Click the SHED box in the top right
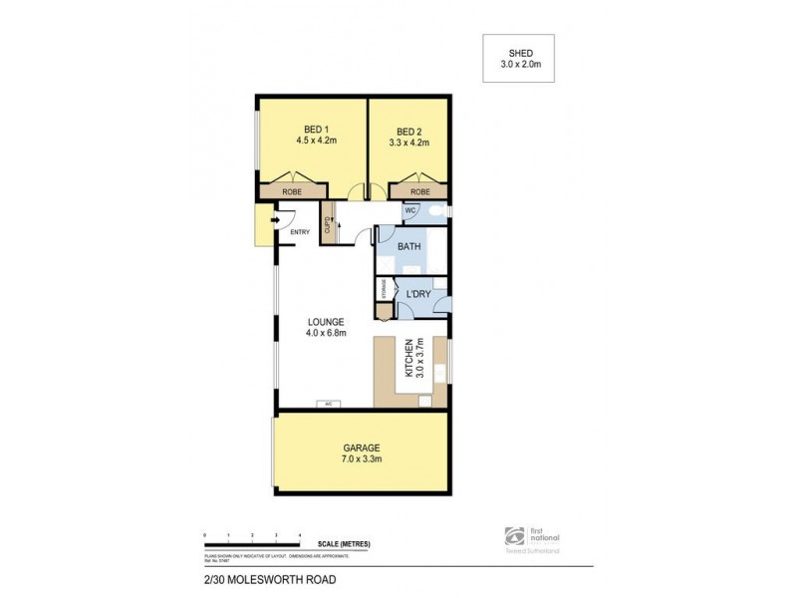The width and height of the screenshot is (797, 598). (517, 58)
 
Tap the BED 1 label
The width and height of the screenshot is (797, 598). (317, 129)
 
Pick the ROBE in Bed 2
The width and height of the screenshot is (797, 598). (419, 190)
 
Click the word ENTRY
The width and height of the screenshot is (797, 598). (300, 233)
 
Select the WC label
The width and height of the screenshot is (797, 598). (408, 211)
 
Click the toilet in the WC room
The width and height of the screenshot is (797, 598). (435, 211)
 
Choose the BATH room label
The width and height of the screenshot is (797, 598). (409, 245)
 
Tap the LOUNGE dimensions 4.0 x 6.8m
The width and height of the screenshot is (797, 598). (326, 335)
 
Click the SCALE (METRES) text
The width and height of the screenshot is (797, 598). (345, 543)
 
